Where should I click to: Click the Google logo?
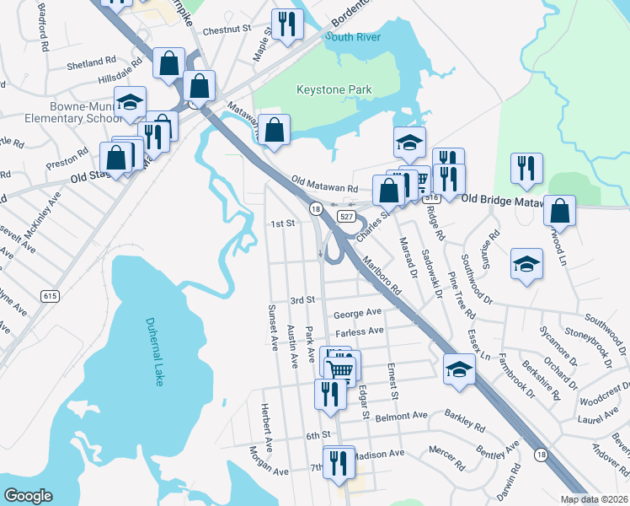(28, 496)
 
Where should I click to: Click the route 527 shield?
(346, 217)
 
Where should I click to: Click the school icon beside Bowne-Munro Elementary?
(130, 103)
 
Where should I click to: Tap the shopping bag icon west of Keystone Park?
(274, 130)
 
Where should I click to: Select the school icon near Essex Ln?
(459, 369)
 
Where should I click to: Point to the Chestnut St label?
(233, 29)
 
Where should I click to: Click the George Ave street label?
(358, 313)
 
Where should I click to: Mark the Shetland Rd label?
(93, 62)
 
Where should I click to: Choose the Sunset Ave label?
(273, 327)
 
